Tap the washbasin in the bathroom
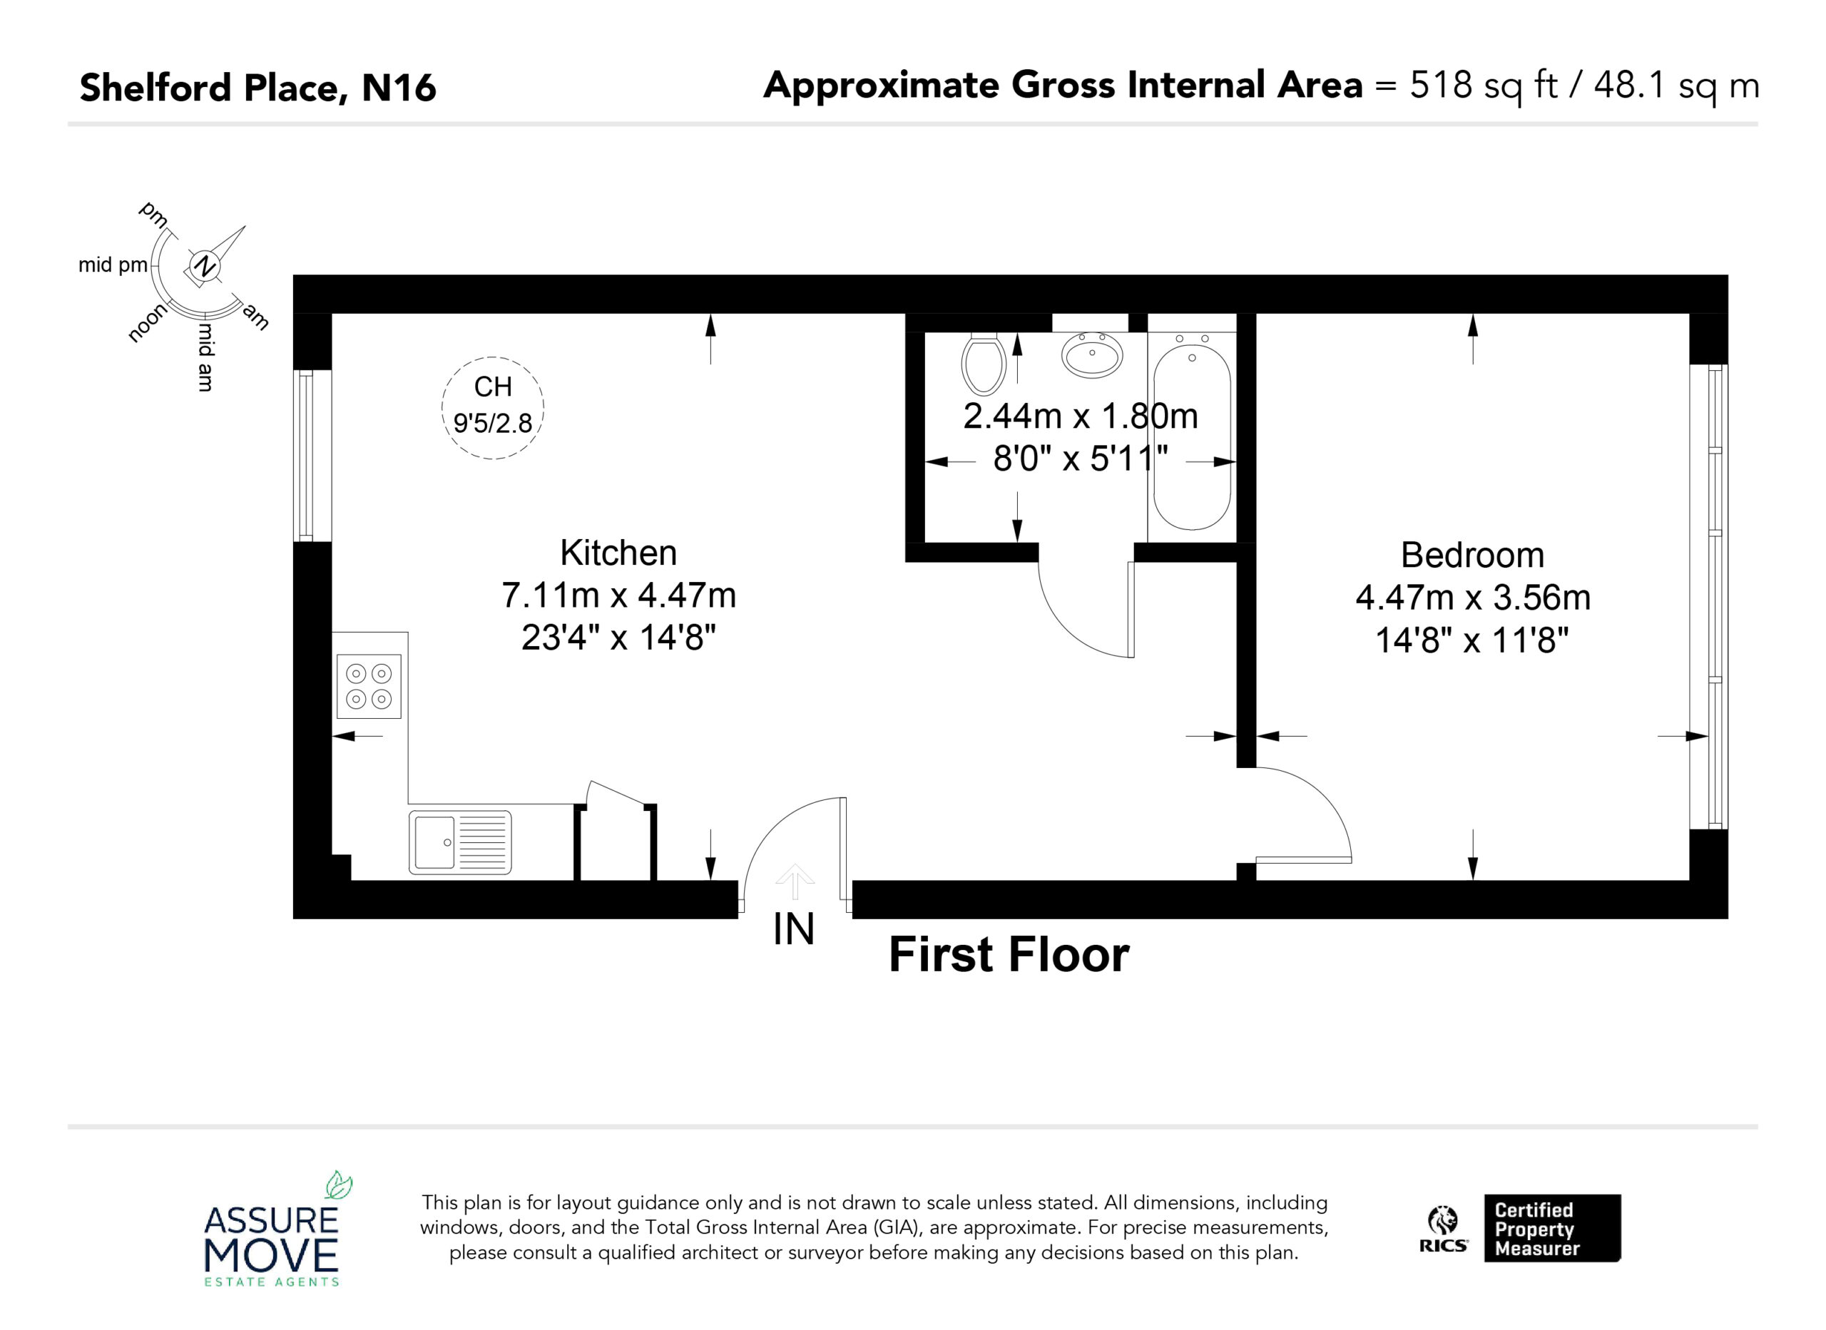pyautogui.click(x=1092, y=354)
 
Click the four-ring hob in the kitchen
pyautogui.click(x=369, y=686)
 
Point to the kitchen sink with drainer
pyautogui.click(x=461, y=842)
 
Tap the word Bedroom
pyautogui.click(x=1472, y=556)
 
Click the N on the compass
pyautogui.click(x=206, y=265)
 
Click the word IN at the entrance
pyautogui.click(x=794, y=930)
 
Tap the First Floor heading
pyautogui.click(x=1009, y=955)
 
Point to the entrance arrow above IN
pyautogui.click(x=795, y=881)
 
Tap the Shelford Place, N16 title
pyautogui.click(x=257, y=88)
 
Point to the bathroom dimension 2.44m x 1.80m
pyautogui.click(x=1081, y=416)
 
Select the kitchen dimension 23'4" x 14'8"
pyautogui.click(x=618, y=638)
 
